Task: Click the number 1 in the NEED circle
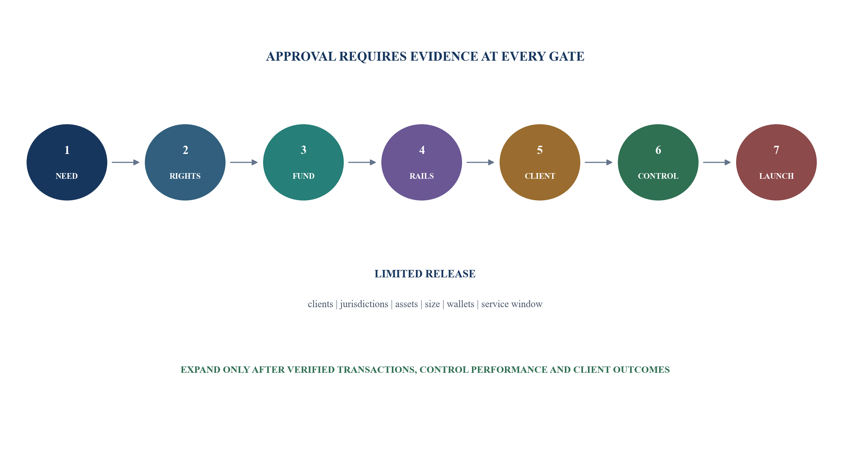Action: (x=67, y=150)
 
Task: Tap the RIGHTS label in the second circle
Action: (x=185, y=176)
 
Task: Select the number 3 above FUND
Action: (x=304, y=150)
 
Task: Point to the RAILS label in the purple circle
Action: (x=422, y=176)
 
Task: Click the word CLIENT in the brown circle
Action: (x=540, y=176)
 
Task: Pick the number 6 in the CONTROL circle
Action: (x=658, y=150)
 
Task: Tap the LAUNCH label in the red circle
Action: (x=777, y=176)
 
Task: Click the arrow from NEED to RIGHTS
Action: (x=126, y=162)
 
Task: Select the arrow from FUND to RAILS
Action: (x=362, y=162)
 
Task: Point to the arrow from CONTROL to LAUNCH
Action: (x=717, y=162)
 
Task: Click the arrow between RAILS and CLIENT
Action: (x=480, y=162)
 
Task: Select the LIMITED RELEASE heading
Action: (x=425, y=274)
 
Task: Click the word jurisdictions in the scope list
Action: (x=364, y=304)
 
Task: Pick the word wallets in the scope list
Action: (x=461, y=304)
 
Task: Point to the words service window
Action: (x=512, y=304)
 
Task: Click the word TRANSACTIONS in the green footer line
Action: (x=377, y=370)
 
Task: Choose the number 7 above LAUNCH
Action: (x=777, y=150)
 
